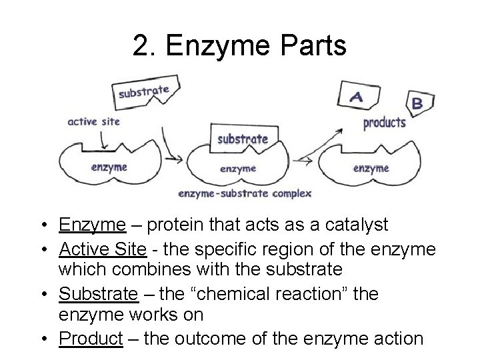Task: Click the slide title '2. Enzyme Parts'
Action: tap(239, 46)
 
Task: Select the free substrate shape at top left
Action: tap(143, 91)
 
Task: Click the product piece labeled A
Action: tap(358, 97)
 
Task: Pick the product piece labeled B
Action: tap(419, 103)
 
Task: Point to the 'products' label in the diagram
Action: tap(384, 123)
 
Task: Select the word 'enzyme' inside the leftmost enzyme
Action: tap(108, 167)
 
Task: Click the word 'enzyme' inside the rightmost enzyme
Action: tap(371, 168)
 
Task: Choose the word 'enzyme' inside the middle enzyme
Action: tap(237, 169)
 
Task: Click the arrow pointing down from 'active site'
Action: tap(103, 139)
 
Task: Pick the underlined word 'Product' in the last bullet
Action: tap(91, 339)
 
